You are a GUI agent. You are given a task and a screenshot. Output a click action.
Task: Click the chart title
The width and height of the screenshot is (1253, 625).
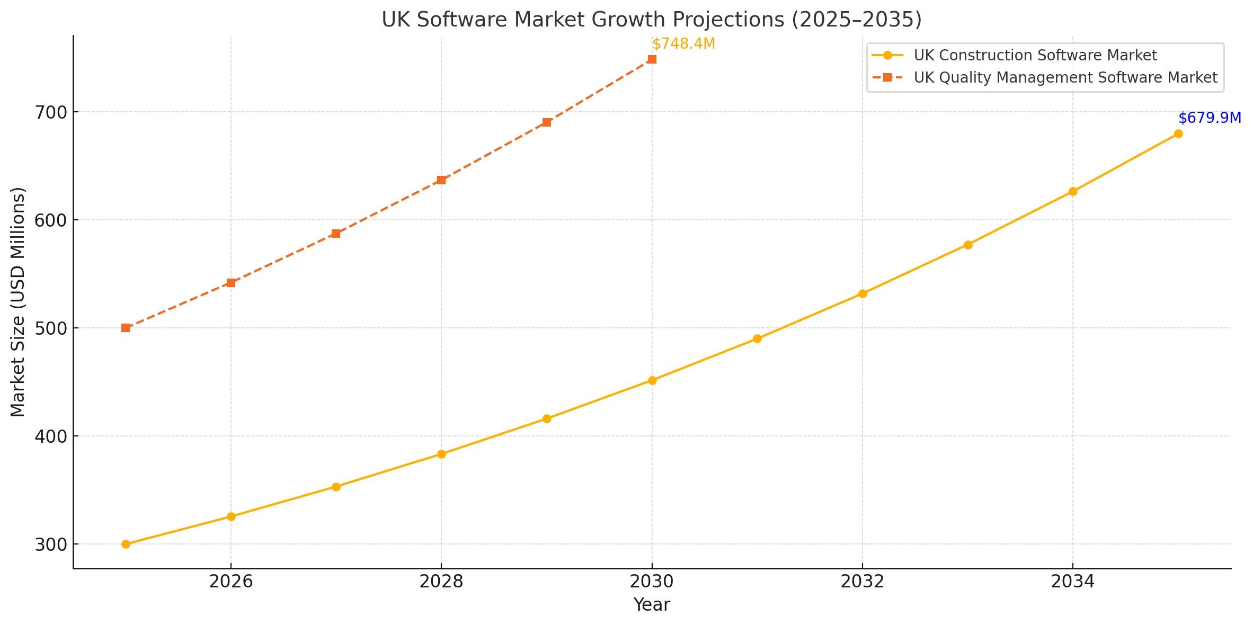tap(652, 20)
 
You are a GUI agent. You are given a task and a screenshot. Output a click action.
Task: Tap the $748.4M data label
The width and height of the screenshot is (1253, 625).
tap(683, 44)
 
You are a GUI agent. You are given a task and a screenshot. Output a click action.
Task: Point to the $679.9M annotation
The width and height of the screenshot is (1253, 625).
tap(1210, 118)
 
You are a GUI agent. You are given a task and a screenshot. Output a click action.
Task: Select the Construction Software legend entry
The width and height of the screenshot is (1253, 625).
tap(1035, 55)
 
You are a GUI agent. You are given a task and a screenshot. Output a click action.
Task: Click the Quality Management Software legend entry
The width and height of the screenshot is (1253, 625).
tap(1065, 77)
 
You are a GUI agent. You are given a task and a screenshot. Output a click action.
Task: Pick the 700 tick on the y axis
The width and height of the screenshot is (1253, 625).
tap(51, 112)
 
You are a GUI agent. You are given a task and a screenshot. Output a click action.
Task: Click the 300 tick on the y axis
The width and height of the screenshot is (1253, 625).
tap(51, 544)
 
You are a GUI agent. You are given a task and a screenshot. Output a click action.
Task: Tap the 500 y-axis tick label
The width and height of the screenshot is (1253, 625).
tap(51, 328)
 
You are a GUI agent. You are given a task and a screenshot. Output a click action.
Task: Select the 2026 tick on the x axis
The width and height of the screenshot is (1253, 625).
tap(231, 582)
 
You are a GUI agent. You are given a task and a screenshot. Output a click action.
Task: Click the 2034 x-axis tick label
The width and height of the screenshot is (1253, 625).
tap(1072, 582)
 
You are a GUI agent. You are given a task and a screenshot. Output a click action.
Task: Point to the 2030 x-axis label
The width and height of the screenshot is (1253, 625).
tap(652, 582)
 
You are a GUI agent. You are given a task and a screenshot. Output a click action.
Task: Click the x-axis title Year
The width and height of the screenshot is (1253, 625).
tap(652, 604)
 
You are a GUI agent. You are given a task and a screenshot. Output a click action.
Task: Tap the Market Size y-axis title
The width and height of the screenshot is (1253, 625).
tap(18, 302)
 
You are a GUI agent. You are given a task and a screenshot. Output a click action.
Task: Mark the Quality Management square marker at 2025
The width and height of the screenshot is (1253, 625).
tap(126, 328)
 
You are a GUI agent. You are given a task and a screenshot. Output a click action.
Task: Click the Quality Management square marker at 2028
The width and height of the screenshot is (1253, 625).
tap(441, 180)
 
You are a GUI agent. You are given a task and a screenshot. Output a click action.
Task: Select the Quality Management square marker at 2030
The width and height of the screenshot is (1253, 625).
tap(652, 59)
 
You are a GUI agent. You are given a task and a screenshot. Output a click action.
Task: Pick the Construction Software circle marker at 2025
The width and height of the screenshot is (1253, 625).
tap(126, 544)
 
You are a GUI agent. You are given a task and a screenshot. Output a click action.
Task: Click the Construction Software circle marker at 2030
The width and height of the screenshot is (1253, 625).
tap(652, 380)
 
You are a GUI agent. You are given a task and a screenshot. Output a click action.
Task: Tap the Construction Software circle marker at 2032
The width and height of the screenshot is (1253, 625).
tap(862, 293)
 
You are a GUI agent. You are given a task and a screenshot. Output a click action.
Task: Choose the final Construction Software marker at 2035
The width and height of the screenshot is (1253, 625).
tap(1178, 133)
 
